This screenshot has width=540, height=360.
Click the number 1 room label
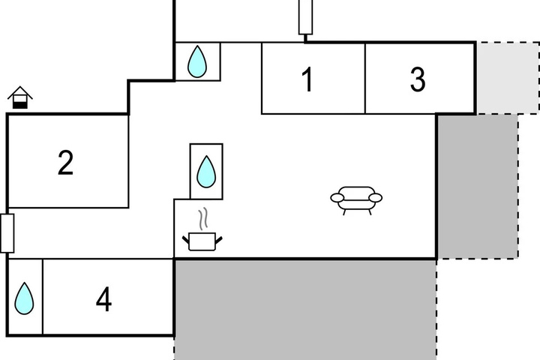307,79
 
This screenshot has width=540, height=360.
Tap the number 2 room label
65,163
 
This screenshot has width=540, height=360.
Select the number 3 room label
418,79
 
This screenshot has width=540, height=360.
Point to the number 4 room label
103,299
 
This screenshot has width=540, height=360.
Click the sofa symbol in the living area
356,200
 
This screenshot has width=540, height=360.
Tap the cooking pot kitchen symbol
202,241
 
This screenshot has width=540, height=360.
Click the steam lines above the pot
203,218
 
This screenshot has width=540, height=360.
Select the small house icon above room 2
20,97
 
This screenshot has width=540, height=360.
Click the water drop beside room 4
24,298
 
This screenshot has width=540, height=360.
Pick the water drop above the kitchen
206,172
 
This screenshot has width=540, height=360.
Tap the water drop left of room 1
197,61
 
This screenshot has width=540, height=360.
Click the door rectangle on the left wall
7,233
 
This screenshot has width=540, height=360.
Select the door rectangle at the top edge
305,16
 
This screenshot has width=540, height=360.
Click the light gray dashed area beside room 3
508,78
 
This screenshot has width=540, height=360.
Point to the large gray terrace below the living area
305,310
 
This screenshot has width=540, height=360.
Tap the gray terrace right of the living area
478,186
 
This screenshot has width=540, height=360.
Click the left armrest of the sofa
337,198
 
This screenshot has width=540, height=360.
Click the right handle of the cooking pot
219,240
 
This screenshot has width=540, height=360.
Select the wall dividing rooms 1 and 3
365,78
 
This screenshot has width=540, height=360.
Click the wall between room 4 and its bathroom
43,296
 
